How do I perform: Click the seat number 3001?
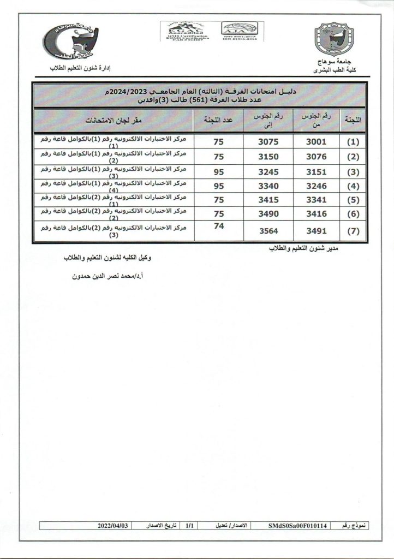tap(317, 141)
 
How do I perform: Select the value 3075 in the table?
tap(268, 141)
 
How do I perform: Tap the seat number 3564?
tap(268, 231)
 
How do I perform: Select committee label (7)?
tap(354, 231)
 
